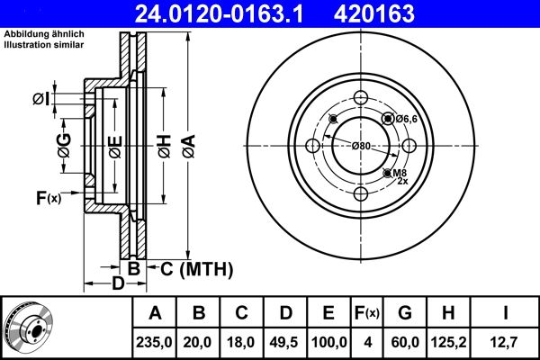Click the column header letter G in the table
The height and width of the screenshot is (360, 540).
[x=405, y=314]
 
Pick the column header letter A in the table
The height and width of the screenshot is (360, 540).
[x=156, y=314]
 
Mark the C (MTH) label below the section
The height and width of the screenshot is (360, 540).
[x=196, y=268]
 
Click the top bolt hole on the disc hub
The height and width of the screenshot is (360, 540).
[x=361, y=99]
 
